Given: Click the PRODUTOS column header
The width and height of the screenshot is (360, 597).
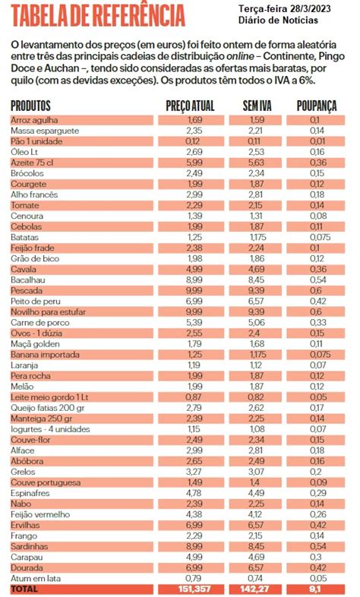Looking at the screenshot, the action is coord(30,106).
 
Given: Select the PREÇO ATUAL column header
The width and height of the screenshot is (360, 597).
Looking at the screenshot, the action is coord(191,106).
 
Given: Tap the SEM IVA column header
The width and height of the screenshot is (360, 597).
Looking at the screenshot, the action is coord(257,106).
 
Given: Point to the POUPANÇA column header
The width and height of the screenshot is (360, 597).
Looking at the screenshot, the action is coord(317,106).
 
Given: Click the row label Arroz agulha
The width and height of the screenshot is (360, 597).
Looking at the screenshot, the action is coord(34,120).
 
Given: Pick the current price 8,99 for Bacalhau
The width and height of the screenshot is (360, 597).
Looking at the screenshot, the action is coord(194,280).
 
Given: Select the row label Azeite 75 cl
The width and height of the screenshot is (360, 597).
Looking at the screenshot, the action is coord(32,163).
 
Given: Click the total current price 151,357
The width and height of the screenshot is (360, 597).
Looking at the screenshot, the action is coord(194,589).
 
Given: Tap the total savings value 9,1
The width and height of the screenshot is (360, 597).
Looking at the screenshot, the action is coord(315,589).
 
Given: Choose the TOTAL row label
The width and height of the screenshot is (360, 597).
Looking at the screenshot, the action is coord(24,589).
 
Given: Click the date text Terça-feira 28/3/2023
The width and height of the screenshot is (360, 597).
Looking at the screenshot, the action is coord(285,8).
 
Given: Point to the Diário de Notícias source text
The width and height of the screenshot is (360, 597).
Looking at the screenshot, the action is coord(278,20).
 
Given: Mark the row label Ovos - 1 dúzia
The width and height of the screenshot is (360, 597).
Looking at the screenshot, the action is coord(36,333).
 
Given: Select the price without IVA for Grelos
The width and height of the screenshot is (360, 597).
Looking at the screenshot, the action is coord(256,472).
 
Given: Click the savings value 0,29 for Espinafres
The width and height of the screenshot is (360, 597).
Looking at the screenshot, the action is coord(317,493).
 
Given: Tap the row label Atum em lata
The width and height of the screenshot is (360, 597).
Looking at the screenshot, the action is coord(36,578).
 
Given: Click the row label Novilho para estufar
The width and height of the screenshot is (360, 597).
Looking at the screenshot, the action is coord(48,312).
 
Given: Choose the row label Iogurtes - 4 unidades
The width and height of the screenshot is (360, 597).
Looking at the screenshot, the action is coord(50,429).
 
